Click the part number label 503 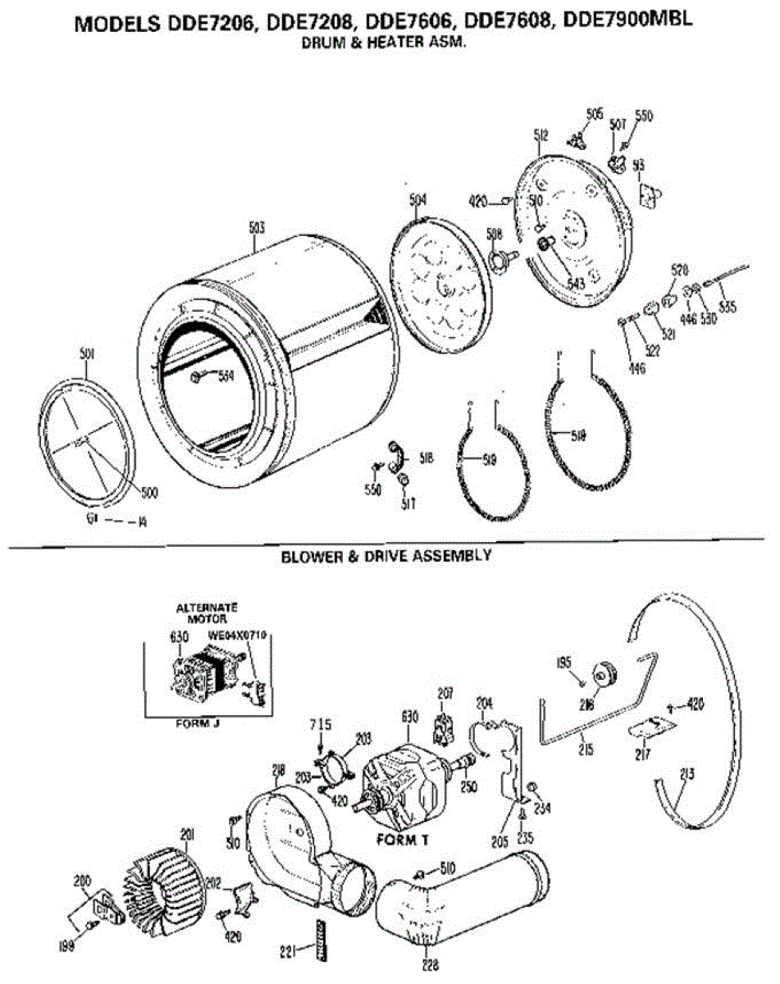[x=257, y=228]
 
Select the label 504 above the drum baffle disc [x=417, y=199]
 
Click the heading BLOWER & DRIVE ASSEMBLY [x=386, y=556]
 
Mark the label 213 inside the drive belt [x=687, y=773]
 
